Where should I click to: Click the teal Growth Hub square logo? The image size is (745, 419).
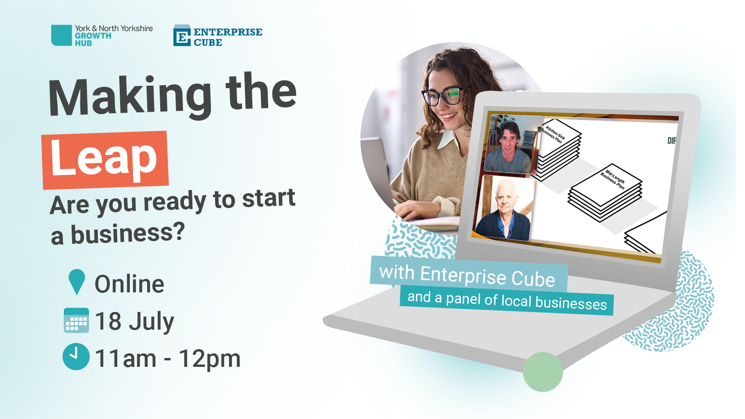pyautogui.click(x=61, y=35)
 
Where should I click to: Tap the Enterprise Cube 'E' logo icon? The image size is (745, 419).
pyautogui.click(x=182, y=36)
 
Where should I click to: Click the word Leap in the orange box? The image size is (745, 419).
pyautogui.click(x=104, y=159)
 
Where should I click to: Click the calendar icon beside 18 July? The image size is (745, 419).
pyautogui.click(x=76, y=320)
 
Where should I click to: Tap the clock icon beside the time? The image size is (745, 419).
pyautogui.click(x=76, y=357)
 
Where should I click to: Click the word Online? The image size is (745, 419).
pyautogui.click(x=129, y=284)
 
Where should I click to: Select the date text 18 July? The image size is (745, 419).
pyautogui.click(x=135, y=321)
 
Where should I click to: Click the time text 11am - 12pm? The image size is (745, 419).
pyautogui.click(x=168, y=358)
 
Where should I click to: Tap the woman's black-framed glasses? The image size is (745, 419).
pyautogui.click(x=442, y=96)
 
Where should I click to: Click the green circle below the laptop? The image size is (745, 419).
pyautogui.click(x=542, y=372)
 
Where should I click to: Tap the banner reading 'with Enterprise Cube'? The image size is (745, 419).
pyautogui.click(x=468, y=275)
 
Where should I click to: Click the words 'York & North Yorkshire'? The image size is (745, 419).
pyautogui.click(x=114, y=28)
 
